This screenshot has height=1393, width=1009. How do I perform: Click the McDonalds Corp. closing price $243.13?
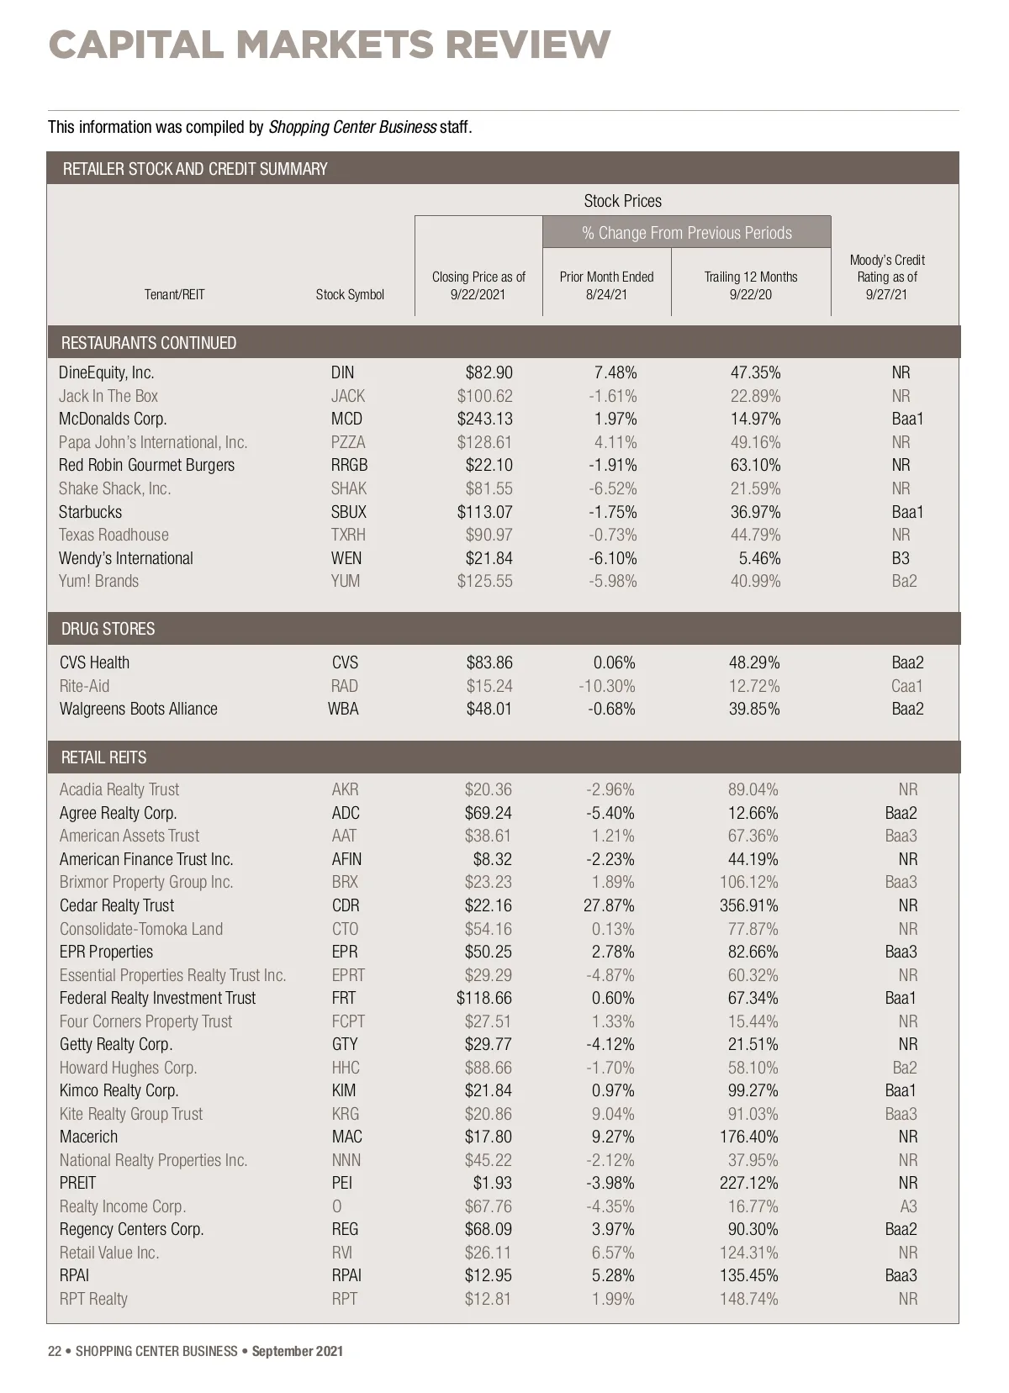pyautogui.click(x=484, y=419)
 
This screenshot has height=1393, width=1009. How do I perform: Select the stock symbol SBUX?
pyautogui.click(x=349, y=512)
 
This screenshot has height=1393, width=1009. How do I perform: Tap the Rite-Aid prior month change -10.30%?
pyautogui.click(x=606, y=686)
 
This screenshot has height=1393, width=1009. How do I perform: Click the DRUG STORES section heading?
pyautogui.click(x=108, y=629)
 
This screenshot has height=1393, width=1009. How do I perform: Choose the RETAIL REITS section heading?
pyautogui.click(x=103, y=757)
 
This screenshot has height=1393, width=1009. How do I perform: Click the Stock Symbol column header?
pyautogui.click(x=350, y=294)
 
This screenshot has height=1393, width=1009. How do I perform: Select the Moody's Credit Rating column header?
pyautogui.click(x=887, y=277)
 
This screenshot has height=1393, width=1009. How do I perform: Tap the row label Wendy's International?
pyautogui.click(x=126, y=558)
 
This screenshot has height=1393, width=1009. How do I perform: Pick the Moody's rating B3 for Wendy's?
pyautogui.click(x=901, y=558)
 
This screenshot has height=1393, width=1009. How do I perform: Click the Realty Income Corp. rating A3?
pyautogui.click(x=908, y=1206)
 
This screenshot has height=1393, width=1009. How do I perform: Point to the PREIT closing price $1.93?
pyautogui.click(x=492, y=1183)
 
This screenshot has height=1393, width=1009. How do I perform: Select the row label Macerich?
pyautogui.click(x=88, y=1137)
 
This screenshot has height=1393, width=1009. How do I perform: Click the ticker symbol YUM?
pyautogui.click(x=345, y=581)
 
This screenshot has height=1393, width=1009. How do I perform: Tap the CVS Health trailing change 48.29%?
pyautogui.click(x=754, y=662)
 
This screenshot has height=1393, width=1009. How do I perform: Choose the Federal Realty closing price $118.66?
pyautogui.click(x=483, y=998)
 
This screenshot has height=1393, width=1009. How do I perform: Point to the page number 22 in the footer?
pyautogui.click(x=55, y=1351)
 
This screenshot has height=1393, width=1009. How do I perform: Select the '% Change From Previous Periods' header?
pyautogui.click(x=687, y=233)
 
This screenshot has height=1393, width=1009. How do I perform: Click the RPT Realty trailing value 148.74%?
pyautogui.click(x=748, y=1299)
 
